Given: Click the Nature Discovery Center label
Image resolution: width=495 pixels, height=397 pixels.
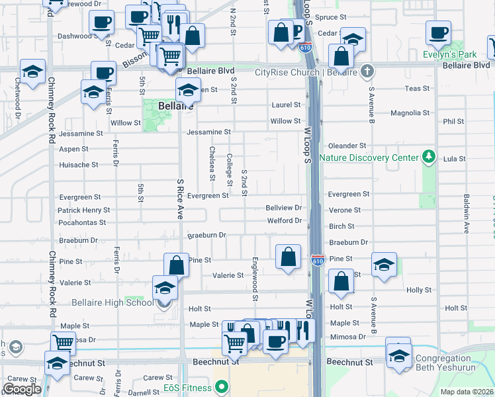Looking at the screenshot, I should (x=369, y=157).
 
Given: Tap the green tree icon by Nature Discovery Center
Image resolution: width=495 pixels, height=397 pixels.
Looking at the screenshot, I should (x=429, y=157).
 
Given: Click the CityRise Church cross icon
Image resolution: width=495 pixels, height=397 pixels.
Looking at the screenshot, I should (x=368, y=72).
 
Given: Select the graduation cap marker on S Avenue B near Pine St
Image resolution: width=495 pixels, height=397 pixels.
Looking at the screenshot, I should (x=384, y=265).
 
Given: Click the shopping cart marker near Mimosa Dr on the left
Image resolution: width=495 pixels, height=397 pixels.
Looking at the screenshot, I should (x=64, y=342).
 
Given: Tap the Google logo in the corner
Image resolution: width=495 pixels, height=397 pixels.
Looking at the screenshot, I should (x=22, y=388).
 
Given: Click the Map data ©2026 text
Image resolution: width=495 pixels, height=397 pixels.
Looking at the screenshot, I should (x=467, y=392).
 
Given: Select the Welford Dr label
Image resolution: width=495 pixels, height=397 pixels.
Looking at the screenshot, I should (x=284, y=221).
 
